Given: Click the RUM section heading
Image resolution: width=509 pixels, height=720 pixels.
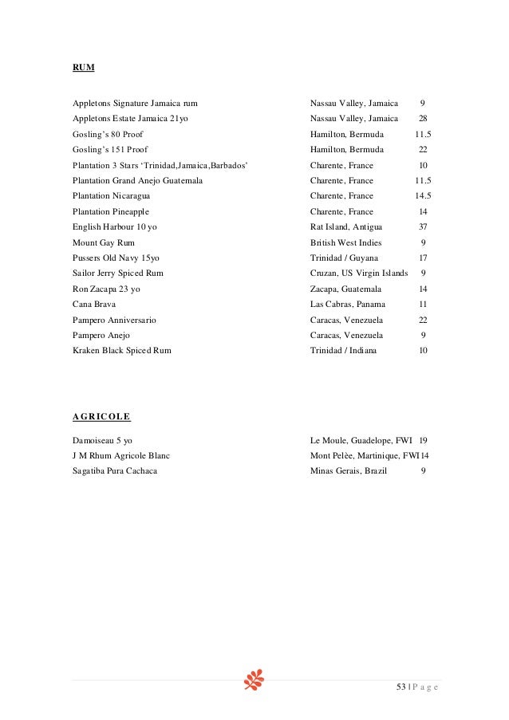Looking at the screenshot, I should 83,68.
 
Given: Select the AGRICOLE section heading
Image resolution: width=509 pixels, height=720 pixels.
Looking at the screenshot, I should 101,416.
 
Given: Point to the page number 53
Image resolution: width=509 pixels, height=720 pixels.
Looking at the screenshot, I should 400,687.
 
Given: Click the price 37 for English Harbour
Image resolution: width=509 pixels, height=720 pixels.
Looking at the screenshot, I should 423,227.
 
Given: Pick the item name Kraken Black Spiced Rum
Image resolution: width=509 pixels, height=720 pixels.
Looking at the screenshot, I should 121,351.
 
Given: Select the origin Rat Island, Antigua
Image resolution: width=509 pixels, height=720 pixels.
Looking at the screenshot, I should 346,227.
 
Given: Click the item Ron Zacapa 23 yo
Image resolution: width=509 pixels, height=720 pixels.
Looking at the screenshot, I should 106,289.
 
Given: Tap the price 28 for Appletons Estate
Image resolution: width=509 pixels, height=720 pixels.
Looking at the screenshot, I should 423,119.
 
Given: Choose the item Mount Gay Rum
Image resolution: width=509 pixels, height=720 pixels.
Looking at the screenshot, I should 103,242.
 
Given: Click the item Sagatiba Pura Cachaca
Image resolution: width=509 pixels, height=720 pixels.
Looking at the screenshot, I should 114,471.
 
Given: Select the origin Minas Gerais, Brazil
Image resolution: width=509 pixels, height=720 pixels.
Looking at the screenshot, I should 348,471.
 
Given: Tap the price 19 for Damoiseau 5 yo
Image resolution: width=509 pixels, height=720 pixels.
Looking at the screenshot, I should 424,440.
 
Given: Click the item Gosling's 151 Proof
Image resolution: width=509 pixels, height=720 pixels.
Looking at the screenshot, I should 109,150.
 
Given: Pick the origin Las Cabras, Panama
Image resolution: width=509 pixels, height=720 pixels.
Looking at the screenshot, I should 347,305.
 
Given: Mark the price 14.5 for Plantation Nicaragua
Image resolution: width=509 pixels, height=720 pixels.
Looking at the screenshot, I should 423,196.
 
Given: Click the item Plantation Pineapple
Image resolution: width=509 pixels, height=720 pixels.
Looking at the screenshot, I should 110,212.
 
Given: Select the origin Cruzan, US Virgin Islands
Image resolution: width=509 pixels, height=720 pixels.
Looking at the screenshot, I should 359,273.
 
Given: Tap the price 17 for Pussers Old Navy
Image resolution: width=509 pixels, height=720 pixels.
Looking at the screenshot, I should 423,258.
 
